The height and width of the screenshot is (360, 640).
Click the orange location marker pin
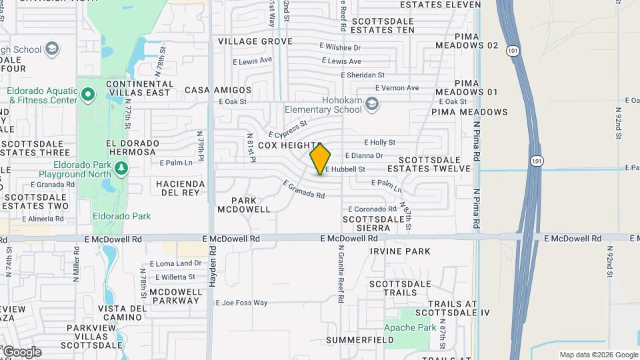(x=320, y=159)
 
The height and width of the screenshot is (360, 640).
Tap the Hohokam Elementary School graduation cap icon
(x=372, y=103)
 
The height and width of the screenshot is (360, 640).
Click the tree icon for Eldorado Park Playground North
(x=121, y=169)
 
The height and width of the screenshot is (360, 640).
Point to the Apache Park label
(x=410, y=327)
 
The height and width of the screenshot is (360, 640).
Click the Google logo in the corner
(x=21, y=352)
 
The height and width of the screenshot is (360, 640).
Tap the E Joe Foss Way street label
(x=241, y=303)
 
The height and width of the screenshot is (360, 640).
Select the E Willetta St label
(x=175, y=277)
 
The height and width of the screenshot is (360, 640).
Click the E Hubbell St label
(x=345, y=169)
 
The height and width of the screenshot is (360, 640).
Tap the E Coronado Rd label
(x=371, y=209)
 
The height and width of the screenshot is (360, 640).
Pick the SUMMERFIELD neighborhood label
(x=359, y=340)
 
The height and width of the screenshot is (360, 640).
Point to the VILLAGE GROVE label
(x=255, y=41)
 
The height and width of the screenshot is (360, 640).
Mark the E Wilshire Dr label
(x=340, y=47)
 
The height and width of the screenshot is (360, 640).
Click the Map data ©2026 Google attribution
(x=599, y=355)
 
